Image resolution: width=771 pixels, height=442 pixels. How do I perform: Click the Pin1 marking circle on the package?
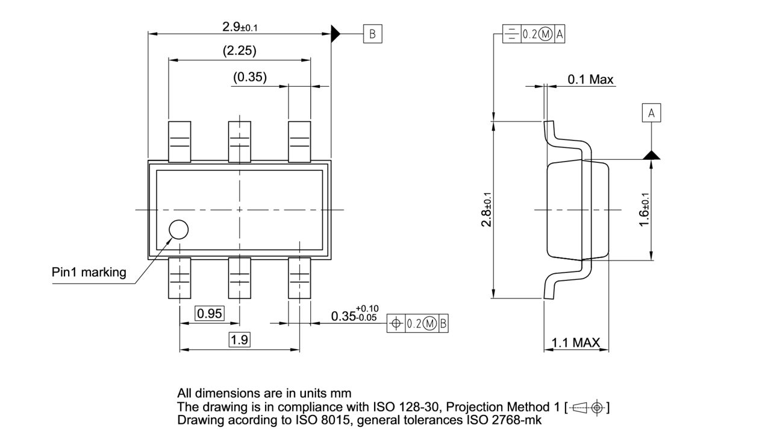click(x=178, y=230)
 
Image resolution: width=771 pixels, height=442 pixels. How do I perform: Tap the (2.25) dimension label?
click(x=239, y=51)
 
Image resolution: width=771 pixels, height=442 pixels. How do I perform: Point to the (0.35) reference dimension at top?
click(x=250, y=77)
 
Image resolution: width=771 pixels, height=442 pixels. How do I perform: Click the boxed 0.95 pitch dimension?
click(x=210, y=314)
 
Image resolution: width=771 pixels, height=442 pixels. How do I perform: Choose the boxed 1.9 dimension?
click(x=239, y=340)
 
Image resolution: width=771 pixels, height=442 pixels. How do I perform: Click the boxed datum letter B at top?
click(x=372, y=34)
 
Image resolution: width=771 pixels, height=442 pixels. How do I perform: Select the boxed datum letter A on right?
click(x=651, y=113)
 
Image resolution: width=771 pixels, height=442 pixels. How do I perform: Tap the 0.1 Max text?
click(x=590, y=80)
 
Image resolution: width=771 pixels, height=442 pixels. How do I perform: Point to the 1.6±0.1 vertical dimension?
click(x=644, y=210)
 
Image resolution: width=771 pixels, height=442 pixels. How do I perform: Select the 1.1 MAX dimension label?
click(x=576, y=343)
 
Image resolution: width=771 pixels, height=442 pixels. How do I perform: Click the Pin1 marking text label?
click(x=89, y=272)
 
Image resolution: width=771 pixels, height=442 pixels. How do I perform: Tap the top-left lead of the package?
click(x=179, y=142)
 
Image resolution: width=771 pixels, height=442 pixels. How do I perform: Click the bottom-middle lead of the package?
click(x=239, y=277)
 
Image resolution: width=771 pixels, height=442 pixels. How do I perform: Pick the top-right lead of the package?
click(x=299, y=142)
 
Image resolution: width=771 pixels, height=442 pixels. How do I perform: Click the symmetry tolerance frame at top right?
click(x=534, y=34)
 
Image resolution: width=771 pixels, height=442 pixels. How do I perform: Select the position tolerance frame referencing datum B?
click(x=417, y=324)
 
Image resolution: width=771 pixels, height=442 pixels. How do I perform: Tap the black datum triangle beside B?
click(x=336, y=34)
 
